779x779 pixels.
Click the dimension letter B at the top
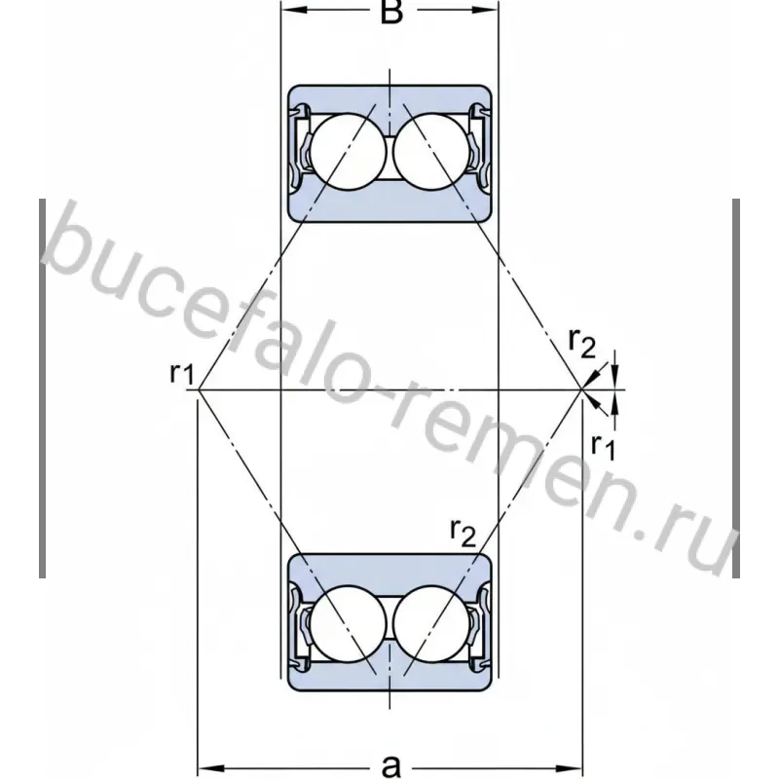click(x=391, y=12)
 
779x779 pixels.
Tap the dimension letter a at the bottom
click(x=391, y=765)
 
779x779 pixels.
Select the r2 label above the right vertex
click(x=581, y=344)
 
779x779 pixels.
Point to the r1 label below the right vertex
click(x=603, y=446)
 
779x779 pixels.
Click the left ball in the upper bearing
click(x=348, y=152)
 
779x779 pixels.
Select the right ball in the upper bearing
click(x=431, y=152)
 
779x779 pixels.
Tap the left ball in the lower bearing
click(x=348, y=623)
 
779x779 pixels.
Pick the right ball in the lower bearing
click(x=431, y=623)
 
